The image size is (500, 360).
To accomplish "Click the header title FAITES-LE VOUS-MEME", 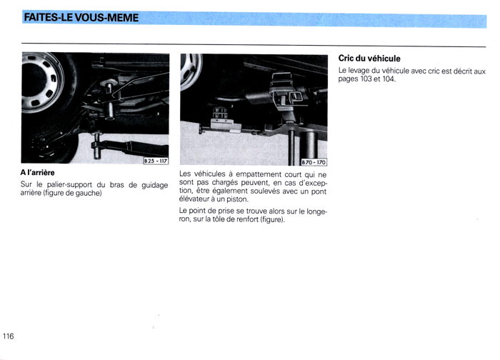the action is (81, 17).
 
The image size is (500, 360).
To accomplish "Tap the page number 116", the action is (9, 336).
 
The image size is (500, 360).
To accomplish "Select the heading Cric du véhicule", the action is (369, 59).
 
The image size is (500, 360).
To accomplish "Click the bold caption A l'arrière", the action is (38, 173).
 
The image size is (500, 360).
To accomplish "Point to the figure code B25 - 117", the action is (156, 161).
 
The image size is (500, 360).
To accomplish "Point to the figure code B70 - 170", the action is (314, 162).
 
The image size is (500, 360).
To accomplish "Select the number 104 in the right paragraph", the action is (389, 79).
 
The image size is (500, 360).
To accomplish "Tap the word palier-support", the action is (69, 185).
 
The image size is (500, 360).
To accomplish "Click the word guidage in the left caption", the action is (155, 185).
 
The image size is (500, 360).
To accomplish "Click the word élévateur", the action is (192, 199).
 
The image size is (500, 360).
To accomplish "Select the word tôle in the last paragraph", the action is (219, 219).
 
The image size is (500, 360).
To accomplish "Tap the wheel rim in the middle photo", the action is (191, 71).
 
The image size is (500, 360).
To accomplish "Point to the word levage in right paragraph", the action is (359, 71).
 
